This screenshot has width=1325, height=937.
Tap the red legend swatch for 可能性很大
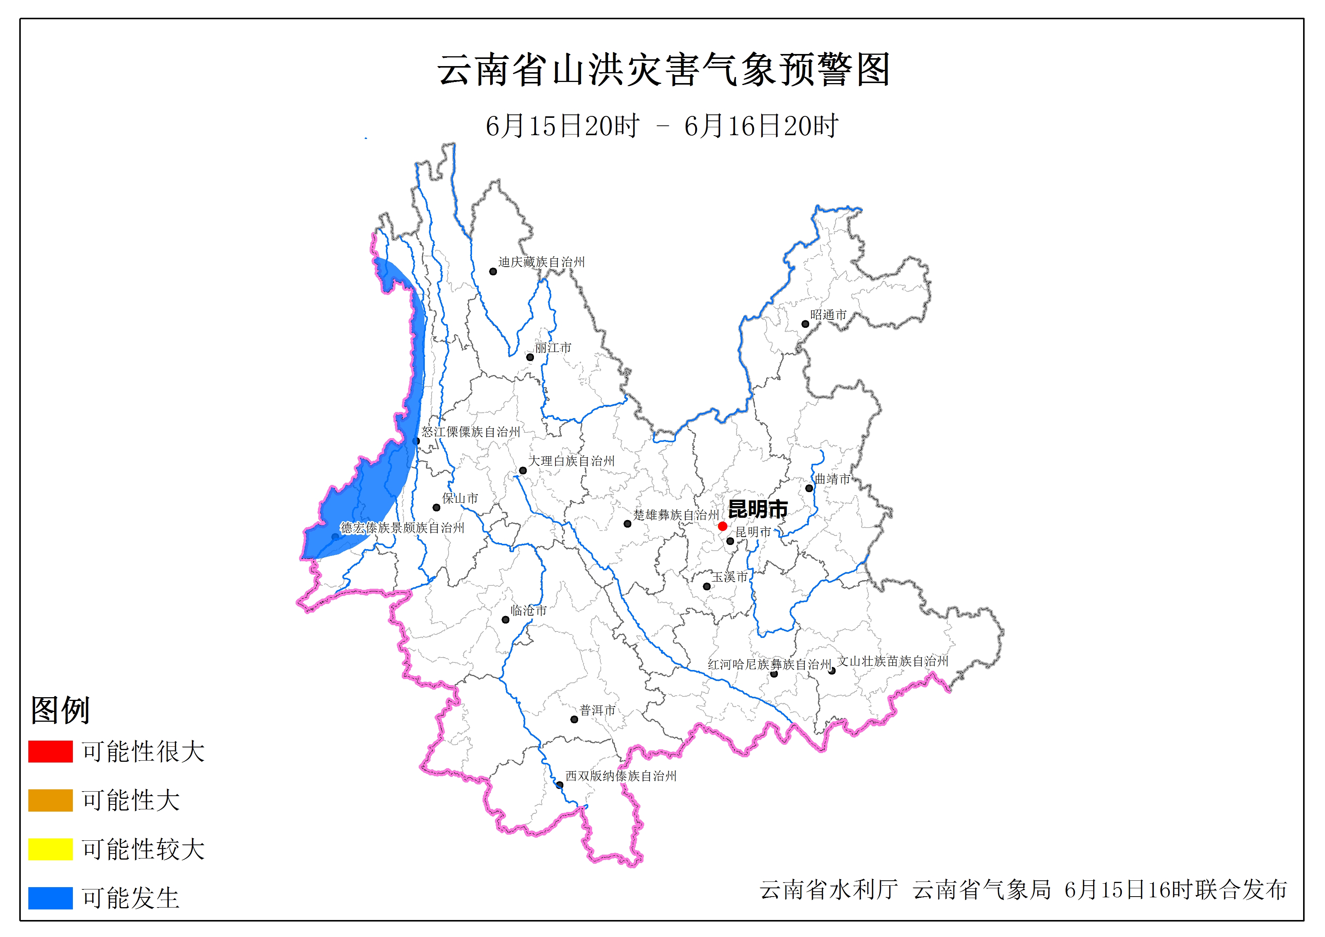click(50, 751)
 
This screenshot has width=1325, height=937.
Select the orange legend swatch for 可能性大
click(50, 800)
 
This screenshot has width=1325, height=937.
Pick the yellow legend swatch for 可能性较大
click(50, 849)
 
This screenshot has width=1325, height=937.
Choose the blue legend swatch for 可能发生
click(50, 898)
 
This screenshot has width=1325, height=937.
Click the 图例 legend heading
click(60, 710)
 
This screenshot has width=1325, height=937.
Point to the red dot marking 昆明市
click(722, 526)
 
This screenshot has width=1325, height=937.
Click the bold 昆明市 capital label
click(758, 509)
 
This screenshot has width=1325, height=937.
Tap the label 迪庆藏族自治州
click(541, 262)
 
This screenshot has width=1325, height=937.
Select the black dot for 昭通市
click(805, 324)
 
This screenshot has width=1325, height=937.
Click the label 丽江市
click(553, 347)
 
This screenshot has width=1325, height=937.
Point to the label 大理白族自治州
click(571, 461)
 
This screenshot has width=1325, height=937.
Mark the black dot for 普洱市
click(574, 719)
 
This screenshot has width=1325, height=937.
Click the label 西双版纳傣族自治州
click(620, 776)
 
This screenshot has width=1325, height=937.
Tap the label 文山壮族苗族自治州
click(892, 661)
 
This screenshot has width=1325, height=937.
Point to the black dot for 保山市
click(436, 508)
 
